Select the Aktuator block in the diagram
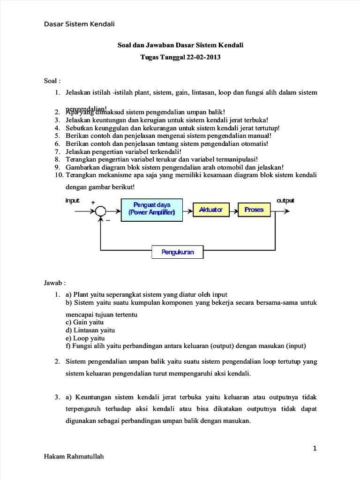[210, 210]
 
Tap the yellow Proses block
[254, 210]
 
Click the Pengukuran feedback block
[178, 253]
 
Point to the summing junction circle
[100, 211]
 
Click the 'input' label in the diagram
[72, 200]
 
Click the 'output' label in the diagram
[285, 200]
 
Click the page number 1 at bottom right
[315, 448]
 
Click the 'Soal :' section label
[52, 81]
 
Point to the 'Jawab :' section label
[54, 283]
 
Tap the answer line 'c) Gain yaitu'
[85, 322]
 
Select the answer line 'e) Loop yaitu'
[85, 338]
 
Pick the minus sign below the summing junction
[107, 220]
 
